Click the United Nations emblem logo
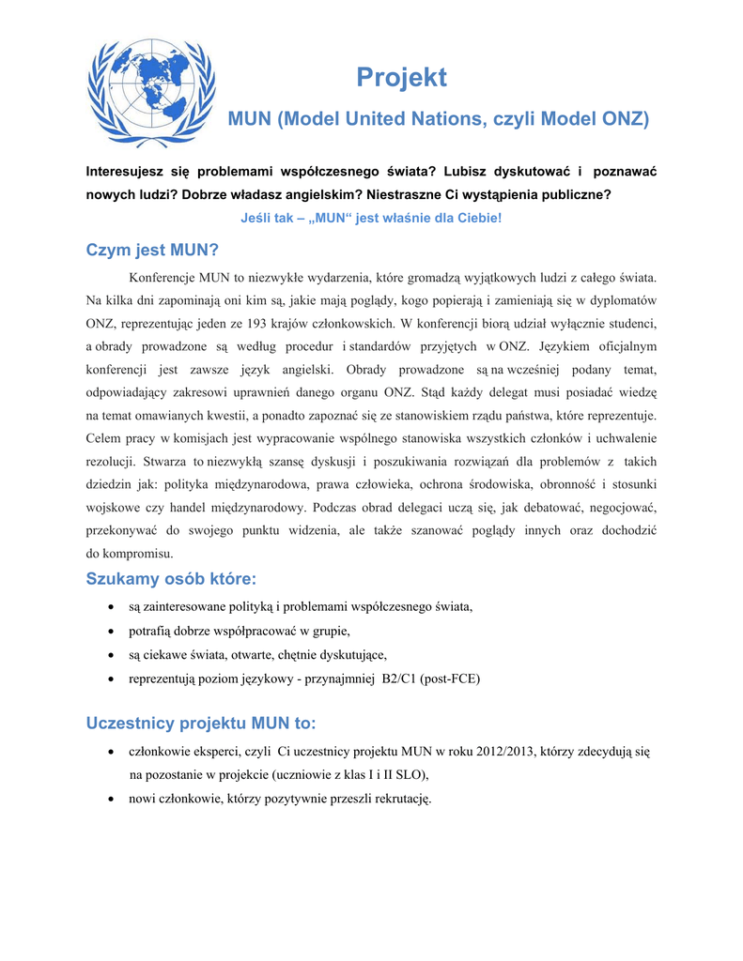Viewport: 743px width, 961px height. tap(151, 93)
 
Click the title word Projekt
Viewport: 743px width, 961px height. tap(402, 78)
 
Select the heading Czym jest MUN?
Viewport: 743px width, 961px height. tap(151, 251)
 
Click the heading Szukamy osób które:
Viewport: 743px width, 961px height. tap(171, 578)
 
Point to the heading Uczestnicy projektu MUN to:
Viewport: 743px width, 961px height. tap(201, 724)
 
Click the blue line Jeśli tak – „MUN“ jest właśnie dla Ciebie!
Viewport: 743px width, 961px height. tap(371, 218)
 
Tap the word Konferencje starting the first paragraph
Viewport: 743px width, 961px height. tap(161, 278)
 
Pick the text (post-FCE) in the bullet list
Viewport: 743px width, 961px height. tap(450, 679)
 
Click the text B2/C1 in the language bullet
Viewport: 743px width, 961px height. tap(400, 679)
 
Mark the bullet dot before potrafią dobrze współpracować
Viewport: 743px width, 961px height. tap(112, 631)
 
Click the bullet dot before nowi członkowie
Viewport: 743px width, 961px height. tap(112, 799)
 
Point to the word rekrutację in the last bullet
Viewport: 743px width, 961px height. tap(397, 799)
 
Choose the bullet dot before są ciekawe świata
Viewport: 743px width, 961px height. tap(112, 655)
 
